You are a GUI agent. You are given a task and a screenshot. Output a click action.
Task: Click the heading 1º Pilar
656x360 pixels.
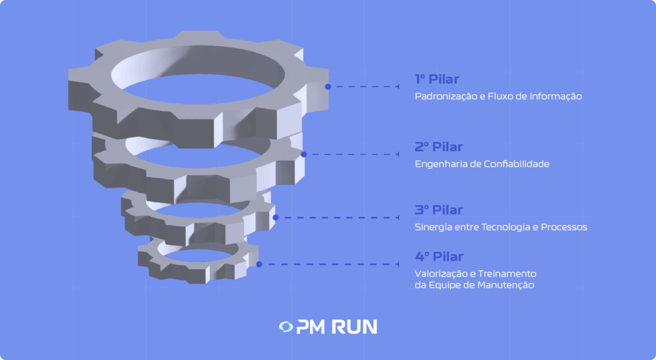click(x=438, y=79)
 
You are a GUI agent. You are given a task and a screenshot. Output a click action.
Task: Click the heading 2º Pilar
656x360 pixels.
click(x=438, y=147)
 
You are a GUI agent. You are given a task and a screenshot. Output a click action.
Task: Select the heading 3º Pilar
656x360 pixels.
click(x=438, y=210)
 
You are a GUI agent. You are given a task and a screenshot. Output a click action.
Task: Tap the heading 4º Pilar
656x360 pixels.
click(x=439, y=257)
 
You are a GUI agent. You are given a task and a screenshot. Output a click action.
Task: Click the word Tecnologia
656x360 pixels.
click(x=502, y=227)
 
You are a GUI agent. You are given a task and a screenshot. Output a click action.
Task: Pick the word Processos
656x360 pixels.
click(x=564, y=227)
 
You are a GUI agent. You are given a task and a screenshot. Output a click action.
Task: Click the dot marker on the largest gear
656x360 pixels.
click(x=328, y=86)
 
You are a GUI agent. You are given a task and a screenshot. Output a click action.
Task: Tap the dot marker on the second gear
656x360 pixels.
click(x=304, y=154)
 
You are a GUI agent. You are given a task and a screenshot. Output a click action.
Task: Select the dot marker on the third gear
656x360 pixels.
click(x=275, y=217)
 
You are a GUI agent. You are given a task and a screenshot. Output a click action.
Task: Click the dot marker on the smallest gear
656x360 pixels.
click(x=259, y=264)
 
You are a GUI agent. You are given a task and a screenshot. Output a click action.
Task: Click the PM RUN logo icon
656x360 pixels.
click(x=286, y=327)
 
